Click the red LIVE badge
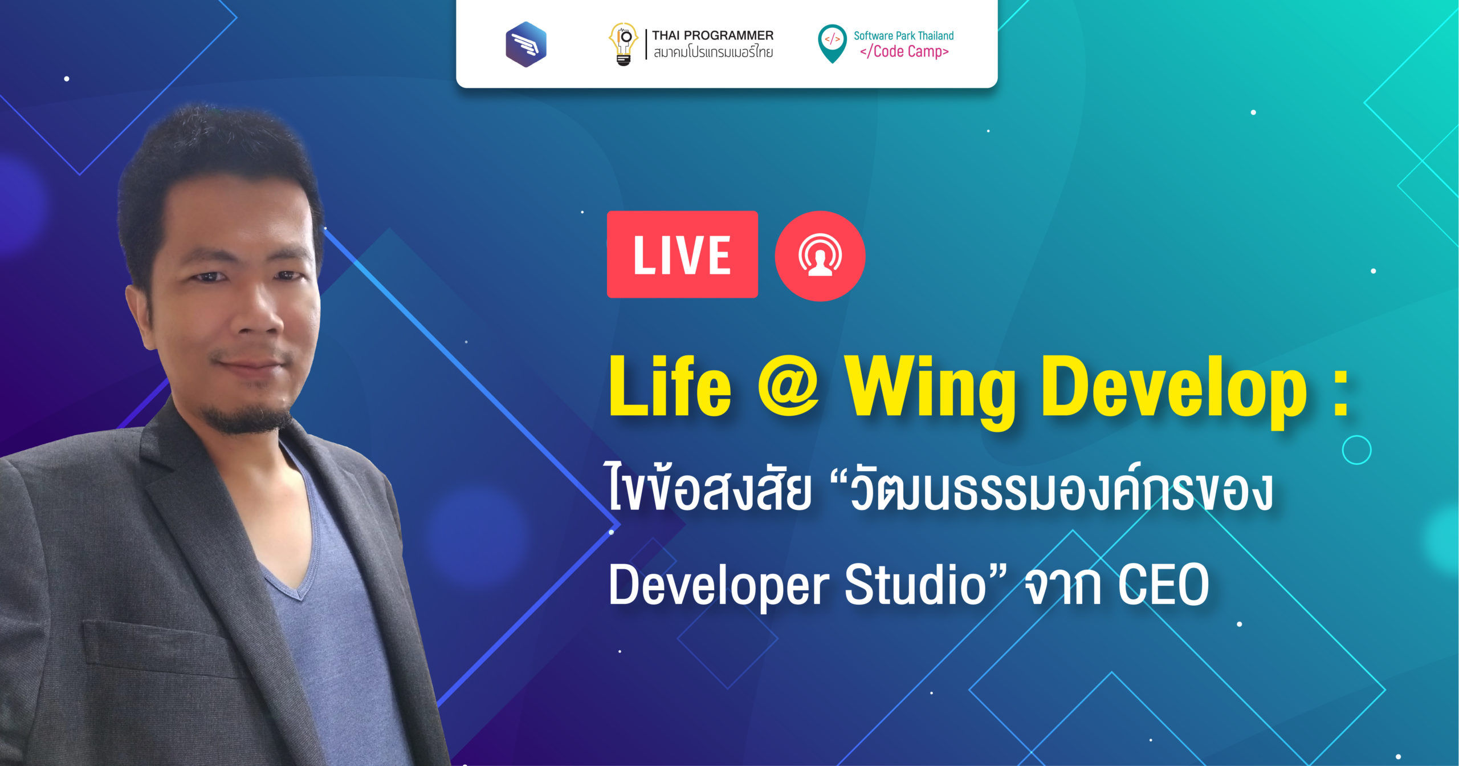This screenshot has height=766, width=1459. point(682,254)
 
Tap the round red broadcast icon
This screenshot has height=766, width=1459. point(820,256)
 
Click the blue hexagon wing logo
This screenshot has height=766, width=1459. point(526,44)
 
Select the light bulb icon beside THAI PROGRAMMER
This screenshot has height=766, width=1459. point(623,44)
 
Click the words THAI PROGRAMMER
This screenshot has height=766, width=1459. point(712,35)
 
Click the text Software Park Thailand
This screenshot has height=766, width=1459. point(903,35)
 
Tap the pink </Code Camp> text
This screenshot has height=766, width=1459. point(904,51)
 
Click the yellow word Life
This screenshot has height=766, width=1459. point(670,386)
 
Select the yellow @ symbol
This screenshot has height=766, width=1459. point(789,388)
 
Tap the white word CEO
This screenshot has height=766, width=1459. point(1163,585)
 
